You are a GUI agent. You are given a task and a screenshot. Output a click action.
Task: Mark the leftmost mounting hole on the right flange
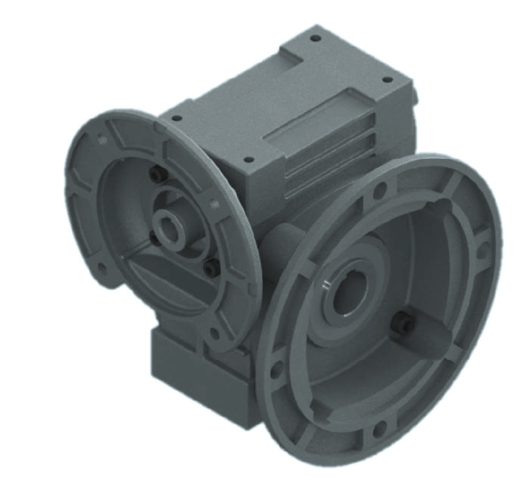pyautogui.click(x=276, y=369)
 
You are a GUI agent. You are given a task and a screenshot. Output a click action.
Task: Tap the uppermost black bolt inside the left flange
pyautogui.click(x=156, y=174)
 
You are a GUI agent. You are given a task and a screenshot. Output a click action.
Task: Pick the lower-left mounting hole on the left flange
pyautogui.click(x=101, y=267)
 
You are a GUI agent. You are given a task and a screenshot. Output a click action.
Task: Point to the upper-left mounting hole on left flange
pyautogui.click(x=101, y=141)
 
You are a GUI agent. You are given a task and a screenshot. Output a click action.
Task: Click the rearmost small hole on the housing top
pyautogui.click(x=315, y=38)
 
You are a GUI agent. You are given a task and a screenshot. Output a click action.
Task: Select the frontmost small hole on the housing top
pyautogui.click(x=248, y=159)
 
